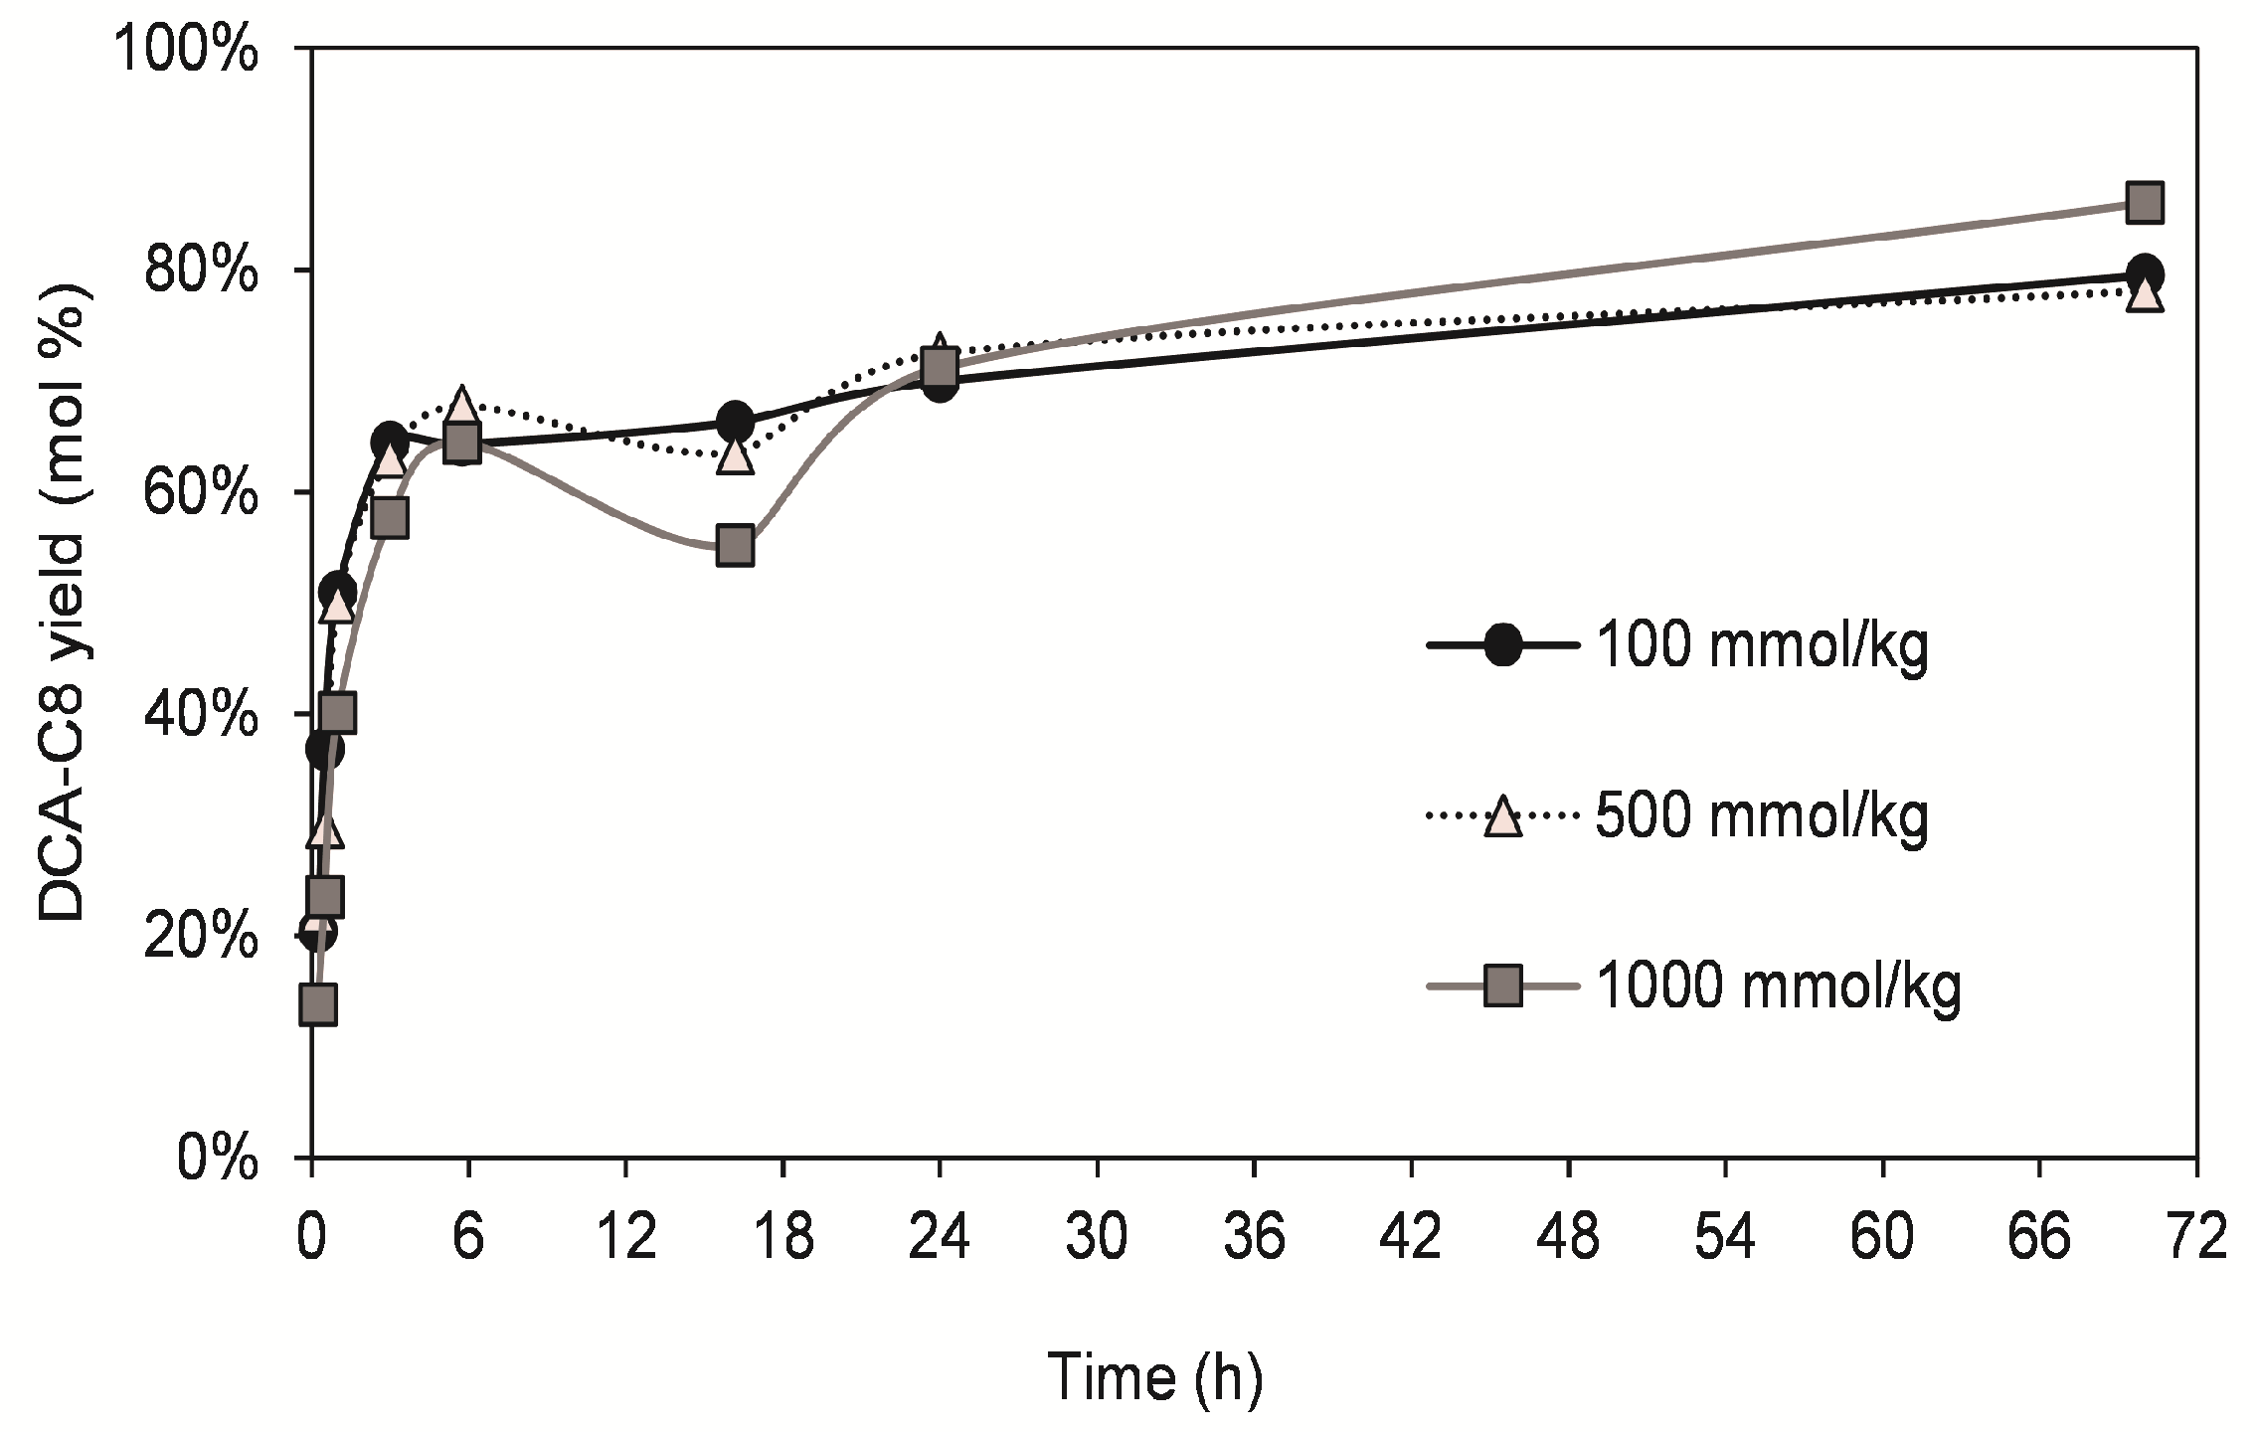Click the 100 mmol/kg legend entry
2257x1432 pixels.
point(1761,645)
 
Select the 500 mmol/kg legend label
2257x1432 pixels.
point(1761,816)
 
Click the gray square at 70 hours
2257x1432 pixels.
point(2145,203)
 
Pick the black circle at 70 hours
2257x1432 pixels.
point(2145,273)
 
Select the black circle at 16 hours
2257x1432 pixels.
point(735,422)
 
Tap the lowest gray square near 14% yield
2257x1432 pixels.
point(317,1004)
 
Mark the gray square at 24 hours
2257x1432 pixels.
point(940,367)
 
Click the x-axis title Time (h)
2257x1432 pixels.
point(1154,1377)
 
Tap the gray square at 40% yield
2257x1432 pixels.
point(338,712)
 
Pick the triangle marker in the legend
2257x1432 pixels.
point(1502,816)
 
